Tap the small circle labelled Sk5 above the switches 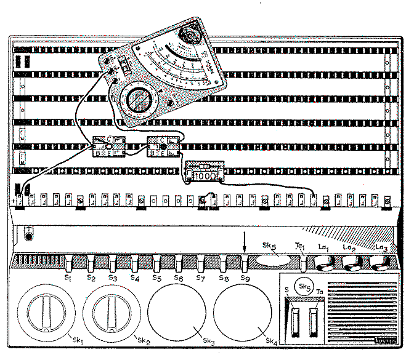tap(302, 286)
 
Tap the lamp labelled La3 tap(379, 263)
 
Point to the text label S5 tap(157, 278)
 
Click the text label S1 tap(68, 278)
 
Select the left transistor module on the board tap(108, 146)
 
